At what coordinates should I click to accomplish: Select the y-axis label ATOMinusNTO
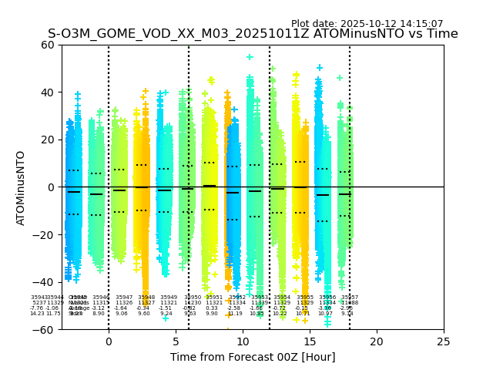(x=22, y=187)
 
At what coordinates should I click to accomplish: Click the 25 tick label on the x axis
(x=444, y=341)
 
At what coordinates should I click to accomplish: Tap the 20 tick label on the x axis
(x=377, y=341)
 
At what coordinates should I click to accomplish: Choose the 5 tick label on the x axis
(x=176, y=341)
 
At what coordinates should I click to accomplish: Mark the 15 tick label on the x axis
(x=310, y=341)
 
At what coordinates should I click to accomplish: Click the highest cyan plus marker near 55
(x=250, y=57)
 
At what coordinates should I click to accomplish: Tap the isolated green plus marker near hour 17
(x=340, y=78)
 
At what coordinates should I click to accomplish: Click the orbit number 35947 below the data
(x=124, y=297)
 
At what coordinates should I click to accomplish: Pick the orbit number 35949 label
(x=169, y=297)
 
